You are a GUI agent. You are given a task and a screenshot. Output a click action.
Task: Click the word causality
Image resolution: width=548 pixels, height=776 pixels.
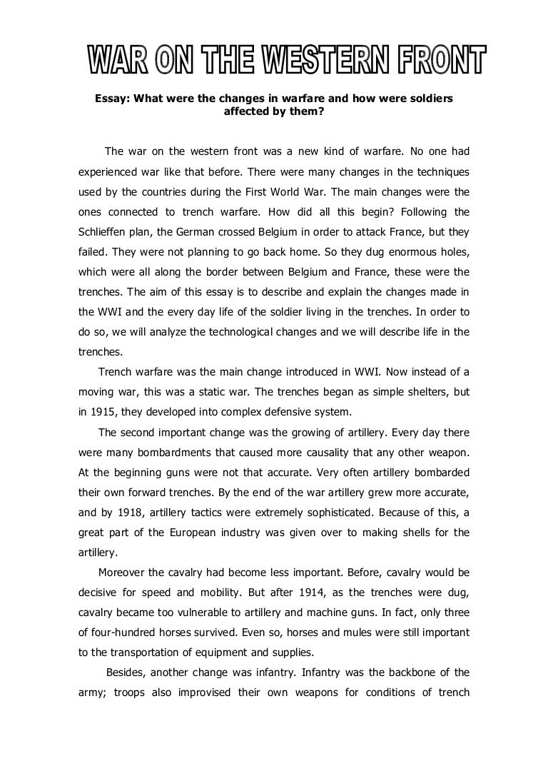(x=338, y=452)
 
